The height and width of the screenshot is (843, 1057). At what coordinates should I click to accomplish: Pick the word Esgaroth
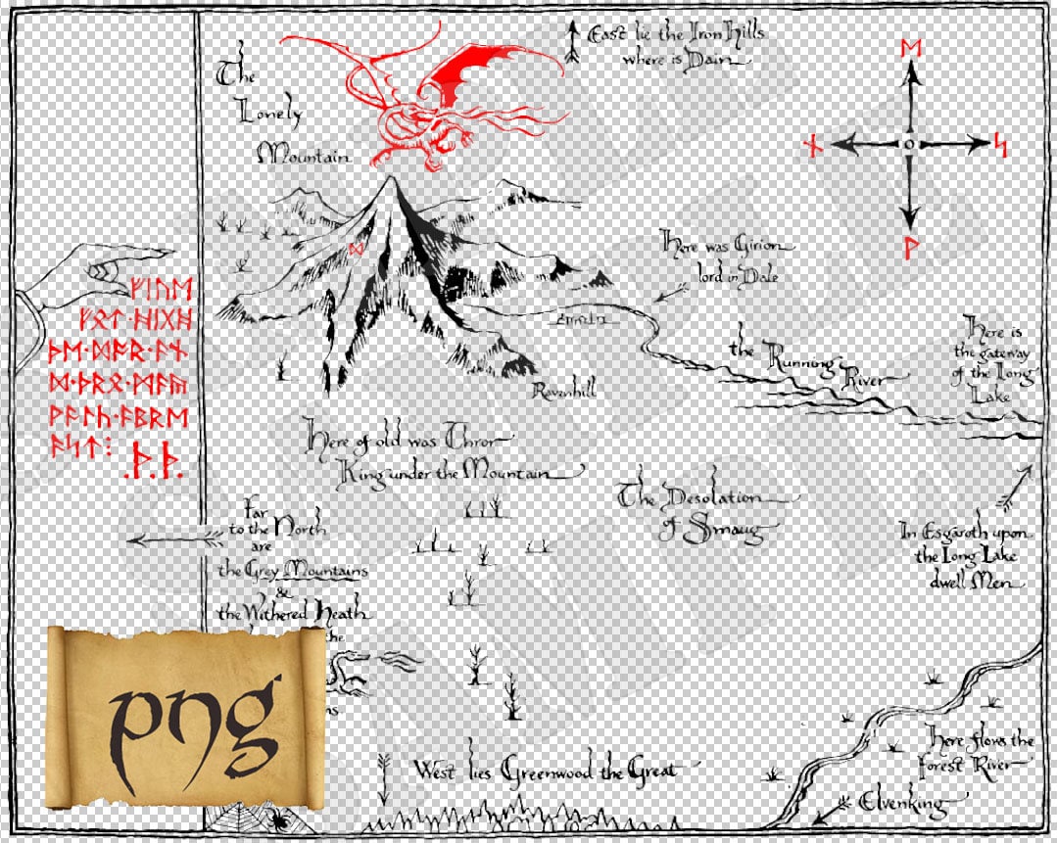coord(971,534)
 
